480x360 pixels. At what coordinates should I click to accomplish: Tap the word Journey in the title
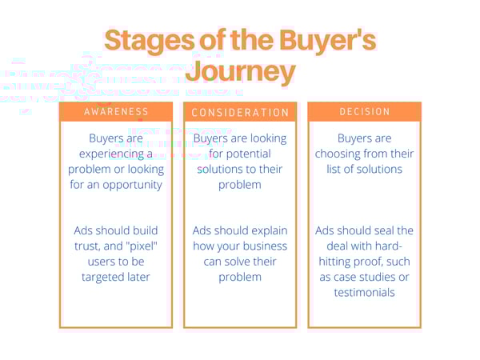240,72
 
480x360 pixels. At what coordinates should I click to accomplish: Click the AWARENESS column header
116,112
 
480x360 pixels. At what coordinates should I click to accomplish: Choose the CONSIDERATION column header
240,113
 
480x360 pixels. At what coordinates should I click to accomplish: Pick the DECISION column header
364,112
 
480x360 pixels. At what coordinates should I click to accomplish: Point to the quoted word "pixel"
142,246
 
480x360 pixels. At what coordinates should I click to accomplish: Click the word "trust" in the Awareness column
88,246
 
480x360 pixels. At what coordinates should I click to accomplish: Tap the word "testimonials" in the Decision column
364,291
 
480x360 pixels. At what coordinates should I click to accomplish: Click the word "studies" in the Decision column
374,276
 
